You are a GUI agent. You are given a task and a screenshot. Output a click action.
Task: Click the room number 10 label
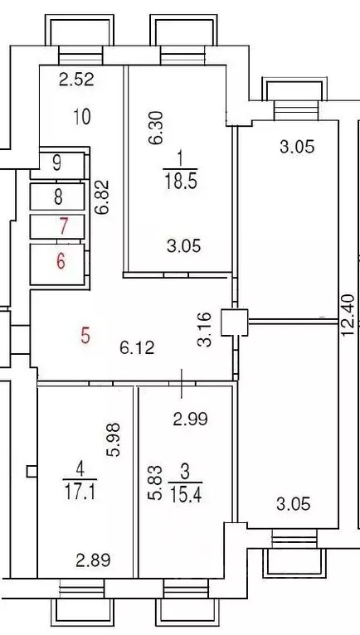(81, 117)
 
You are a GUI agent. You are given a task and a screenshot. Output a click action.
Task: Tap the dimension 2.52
(76, 80)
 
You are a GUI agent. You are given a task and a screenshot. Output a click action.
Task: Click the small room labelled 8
(57, 196)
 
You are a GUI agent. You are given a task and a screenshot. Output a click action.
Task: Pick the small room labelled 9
(56, 162)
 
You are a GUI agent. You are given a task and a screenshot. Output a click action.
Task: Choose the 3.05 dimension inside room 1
(185, 245)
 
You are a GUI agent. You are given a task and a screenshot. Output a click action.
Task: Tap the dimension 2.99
(189, 419)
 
